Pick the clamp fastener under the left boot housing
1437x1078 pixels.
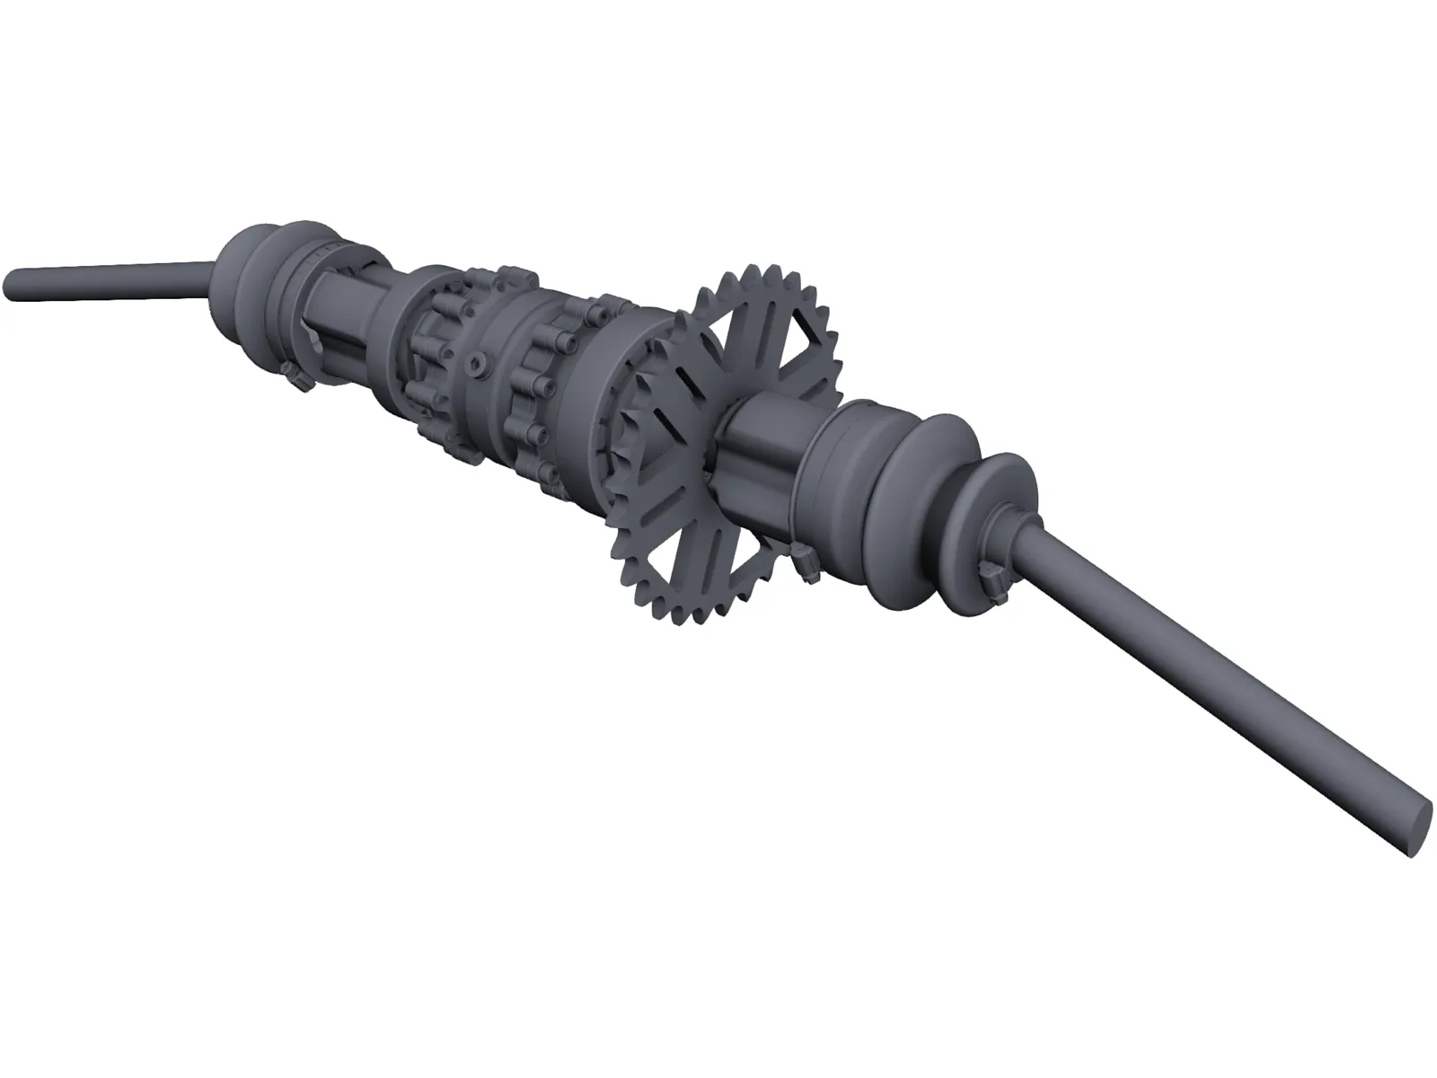pos(297,376)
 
